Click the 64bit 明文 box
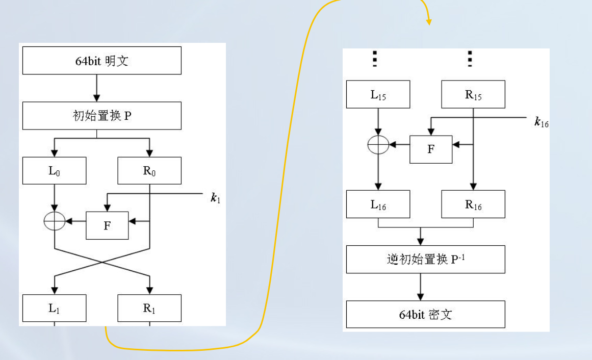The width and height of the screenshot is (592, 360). coord(102,61)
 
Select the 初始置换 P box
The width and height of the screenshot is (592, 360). coord(102,116)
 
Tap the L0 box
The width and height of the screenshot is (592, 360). coord(55,170)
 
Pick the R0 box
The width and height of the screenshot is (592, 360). coord(149,170)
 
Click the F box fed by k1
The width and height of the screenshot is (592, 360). coord(107,225)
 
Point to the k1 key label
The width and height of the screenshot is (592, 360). coord(216,198)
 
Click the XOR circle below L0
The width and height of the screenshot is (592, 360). coord(55,221)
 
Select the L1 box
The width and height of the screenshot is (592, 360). coord(55,308)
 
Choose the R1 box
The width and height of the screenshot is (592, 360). coord(149,308)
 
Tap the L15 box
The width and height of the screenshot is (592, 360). coord(378,94)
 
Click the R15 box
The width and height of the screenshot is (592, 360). coord(473,94)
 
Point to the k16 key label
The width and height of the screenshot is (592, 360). coord(541,122)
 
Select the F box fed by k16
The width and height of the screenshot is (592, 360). coord(431,149)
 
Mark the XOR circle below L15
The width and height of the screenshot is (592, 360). coord(378,145)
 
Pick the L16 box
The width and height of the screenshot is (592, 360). coord(378,204)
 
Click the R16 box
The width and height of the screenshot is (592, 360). coord(473,204)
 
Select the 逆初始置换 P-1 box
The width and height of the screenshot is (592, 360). coord(425,259)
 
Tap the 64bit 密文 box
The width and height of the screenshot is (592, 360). coord(425,314)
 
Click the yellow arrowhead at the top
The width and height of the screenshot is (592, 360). coord(429,21)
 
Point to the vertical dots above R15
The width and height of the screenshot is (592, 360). coord(470,59)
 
